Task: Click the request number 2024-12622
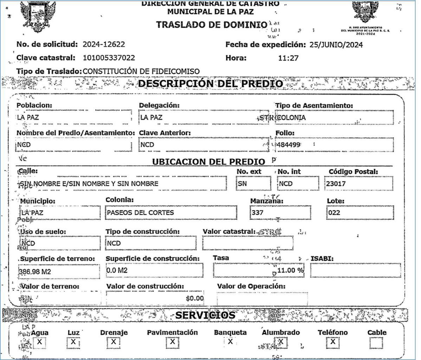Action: point(104,45)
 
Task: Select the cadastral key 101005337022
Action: point(109,58)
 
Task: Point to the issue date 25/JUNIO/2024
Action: point(336,45)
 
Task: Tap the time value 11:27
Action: point(288,58)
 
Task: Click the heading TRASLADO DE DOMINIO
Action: point(212,25)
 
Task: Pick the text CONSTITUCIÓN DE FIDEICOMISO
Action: point(141,71)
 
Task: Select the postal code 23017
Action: point(336,184)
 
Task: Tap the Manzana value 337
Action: point(258,213)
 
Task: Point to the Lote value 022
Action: point(334,213)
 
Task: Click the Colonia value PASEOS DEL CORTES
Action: point(140,213)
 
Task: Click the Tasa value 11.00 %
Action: point(290,270)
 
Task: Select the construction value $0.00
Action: point(195,298)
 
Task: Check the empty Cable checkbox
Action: point(376,342)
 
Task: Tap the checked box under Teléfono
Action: point(333,342)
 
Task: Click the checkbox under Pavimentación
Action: point(172,342)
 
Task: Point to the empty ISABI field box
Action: point(355,270)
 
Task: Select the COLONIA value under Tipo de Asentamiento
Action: point(291,118)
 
